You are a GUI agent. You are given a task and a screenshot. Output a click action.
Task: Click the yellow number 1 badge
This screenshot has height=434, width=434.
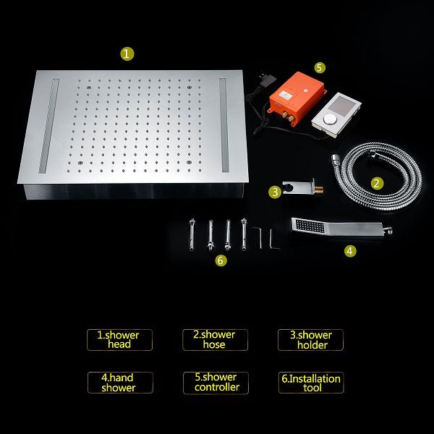(127, 54)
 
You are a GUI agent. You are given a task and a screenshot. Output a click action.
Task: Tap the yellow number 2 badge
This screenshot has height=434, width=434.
(377, 183)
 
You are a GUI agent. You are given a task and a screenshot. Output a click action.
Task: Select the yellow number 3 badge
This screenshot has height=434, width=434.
(274, 192)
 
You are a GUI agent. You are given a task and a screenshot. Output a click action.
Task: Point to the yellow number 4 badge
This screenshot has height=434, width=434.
(350, 251)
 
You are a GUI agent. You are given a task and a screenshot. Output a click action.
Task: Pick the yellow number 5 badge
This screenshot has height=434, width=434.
(320, 67)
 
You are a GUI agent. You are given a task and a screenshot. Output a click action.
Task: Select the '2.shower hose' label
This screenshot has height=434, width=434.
(215, 340)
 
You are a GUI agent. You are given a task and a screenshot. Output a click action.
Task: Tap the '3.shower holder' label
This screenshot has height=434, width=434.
(311, 340)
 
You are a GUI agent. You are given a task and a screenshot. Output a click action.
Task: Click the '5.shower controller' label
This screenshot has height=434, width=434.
(215, 383)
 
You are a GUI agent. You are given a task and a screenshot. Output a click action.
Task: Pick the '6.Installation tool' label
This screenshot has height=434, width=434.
(311, 383)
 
